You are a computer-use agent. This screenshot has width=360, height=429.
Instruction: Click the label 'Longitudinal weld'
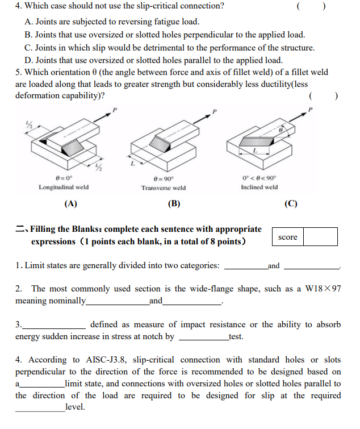(x=64, y=187)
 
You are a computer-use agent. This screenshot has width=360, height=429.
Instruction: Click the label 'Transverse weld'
(x=164, y=188)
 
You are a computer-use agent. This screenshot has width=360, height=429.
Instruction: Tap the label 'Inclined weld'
(x=259, y=187)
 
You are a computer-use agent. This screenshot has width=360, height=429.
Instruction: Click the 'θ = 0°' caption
(x=63, y=177)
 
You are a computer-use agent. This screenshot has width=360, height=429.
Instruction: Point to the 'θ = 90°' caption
(x=164, y=177)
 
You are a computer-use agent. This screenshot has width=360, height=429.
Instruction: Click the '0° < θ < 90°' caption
(x=259, y=177)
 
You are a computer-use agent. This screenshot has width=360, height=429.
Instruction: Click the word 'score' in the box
(x=288, y=237)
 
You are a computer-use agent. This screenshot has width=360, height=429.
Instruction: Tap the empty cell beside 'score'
(x=320, y=237)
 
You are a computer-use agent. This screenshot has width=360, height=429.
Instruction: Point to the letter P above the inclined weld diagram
(x=311, y=109)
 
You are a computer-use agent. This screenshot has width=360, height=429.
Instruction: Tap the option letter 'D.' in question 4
(x=28, y=60)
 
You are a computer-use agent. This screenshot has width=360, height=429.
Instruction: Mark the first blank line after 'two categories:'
(x=245, y=265)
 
